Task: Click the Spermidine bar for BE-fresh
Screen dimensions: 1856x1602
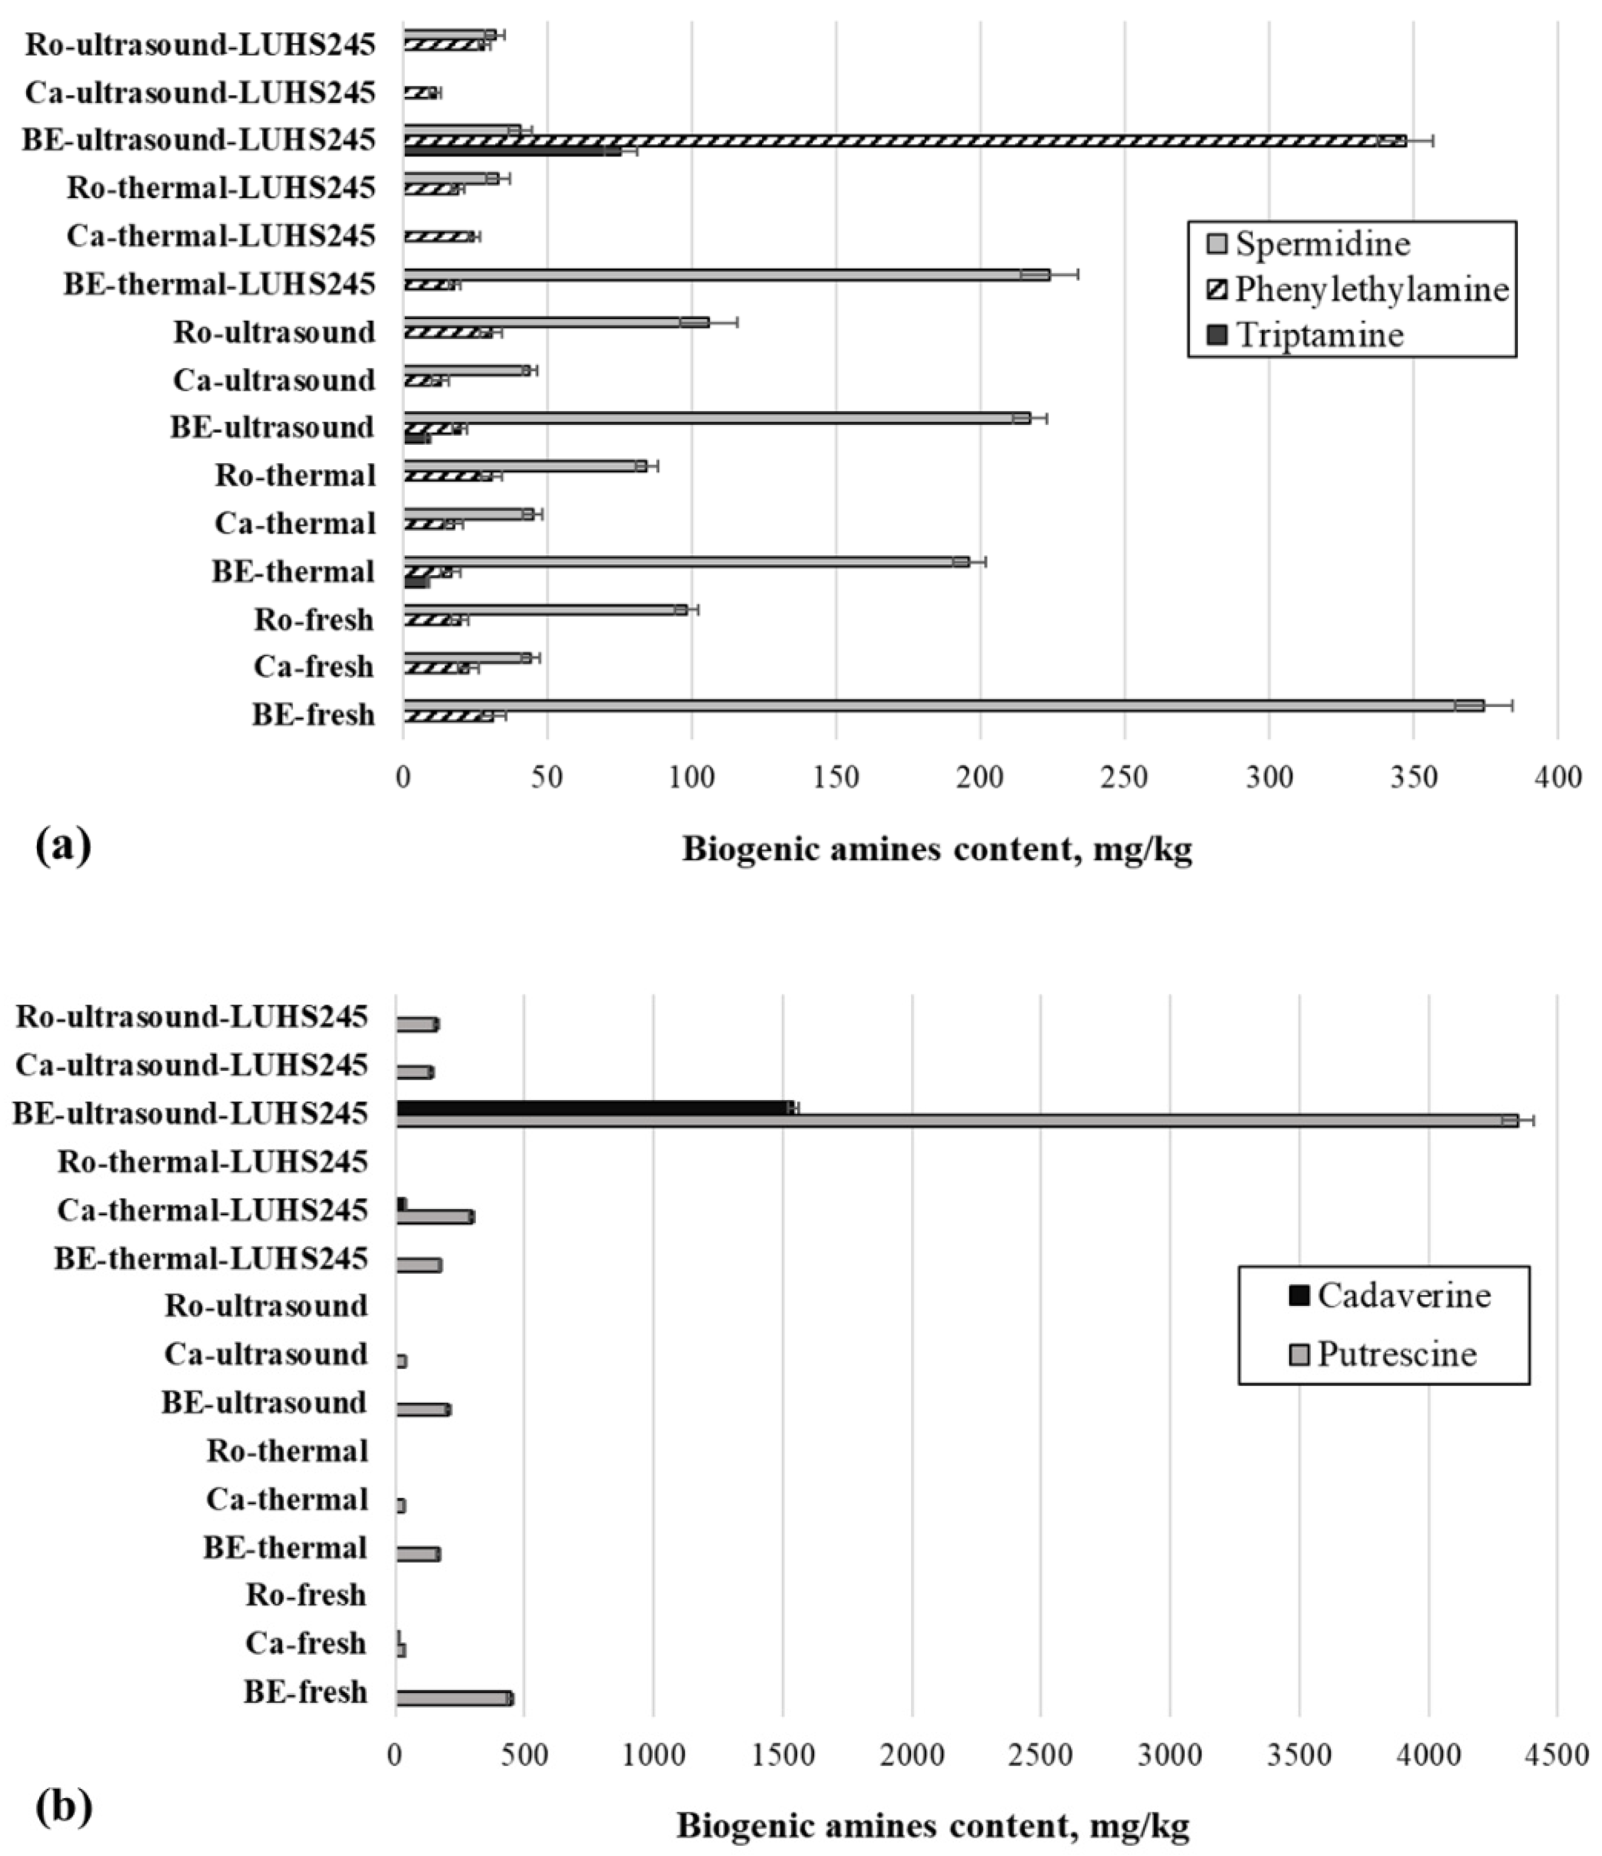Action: pos(940,705)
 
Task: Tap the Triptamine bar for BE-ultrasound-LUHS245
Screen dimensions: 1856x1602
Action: pos(511,151)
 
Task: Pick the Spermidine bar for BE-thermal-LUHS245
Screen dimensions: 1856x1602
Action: pos(725,274)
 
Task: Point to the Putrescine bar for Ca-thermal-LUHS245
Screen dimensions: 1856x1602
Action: pos(434,1217)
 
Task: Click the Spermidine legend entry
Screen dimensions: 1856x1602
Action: pos(1322,243)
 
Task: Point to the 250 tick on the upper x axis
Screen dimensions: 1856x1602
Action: pos(1125,778)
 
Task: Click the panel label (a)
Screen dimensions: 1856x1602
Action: pos(63,845)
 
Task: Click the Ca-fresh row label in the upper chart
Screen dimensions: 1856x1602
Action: pos(313,667)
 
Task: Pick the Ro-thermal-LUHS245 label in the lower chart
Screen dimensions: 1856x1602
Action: pos(212,1163)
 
